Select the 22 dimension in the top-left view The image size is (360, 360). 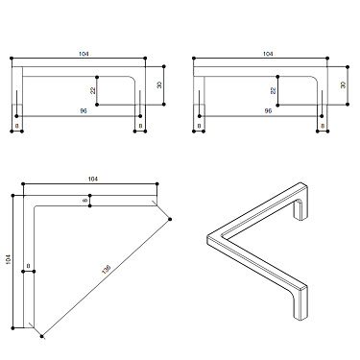click(94, 89)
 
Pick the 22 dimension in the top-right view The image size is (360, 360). click(274, 89)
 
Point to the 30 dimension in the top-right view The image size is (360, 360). click(343, 84)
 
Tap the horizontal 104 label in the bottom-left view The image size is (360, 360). click(92, 180)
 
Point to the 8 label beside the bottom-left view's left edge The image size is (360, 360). click(29, 265)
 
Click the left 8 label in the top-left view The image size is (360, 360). click(17, 126)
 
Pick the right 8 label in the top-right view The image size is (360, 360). click(322, 126)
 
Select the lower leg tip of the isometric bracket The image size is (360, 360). click(301, 313)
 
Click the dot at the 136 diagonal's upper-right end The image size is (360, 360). click(170, 220)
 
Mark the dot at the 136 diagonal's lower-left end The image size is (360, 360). click(42, 337)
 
